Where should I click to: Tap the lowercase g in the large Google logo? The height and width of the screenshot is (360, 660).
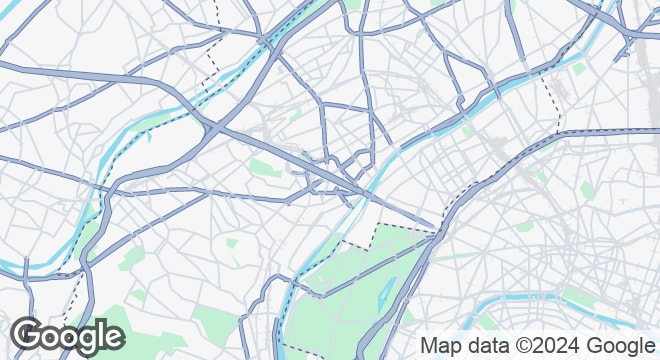pyautogui.click(x=87, y=341)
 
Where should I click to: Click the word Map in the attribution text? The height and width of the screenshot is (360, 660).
pyautogui.click(x=440, y=345)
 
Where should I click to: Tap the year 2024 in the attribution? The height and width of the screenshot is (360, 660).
pyautogui.click(x=549, y=345)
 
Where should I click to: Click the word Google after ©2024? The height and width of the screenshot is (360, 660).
pyautogui.click(x=613, y=345)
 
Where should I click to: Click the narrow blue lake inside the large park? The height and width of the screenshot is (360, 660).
pyautogui.click(x=386, y=291)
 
